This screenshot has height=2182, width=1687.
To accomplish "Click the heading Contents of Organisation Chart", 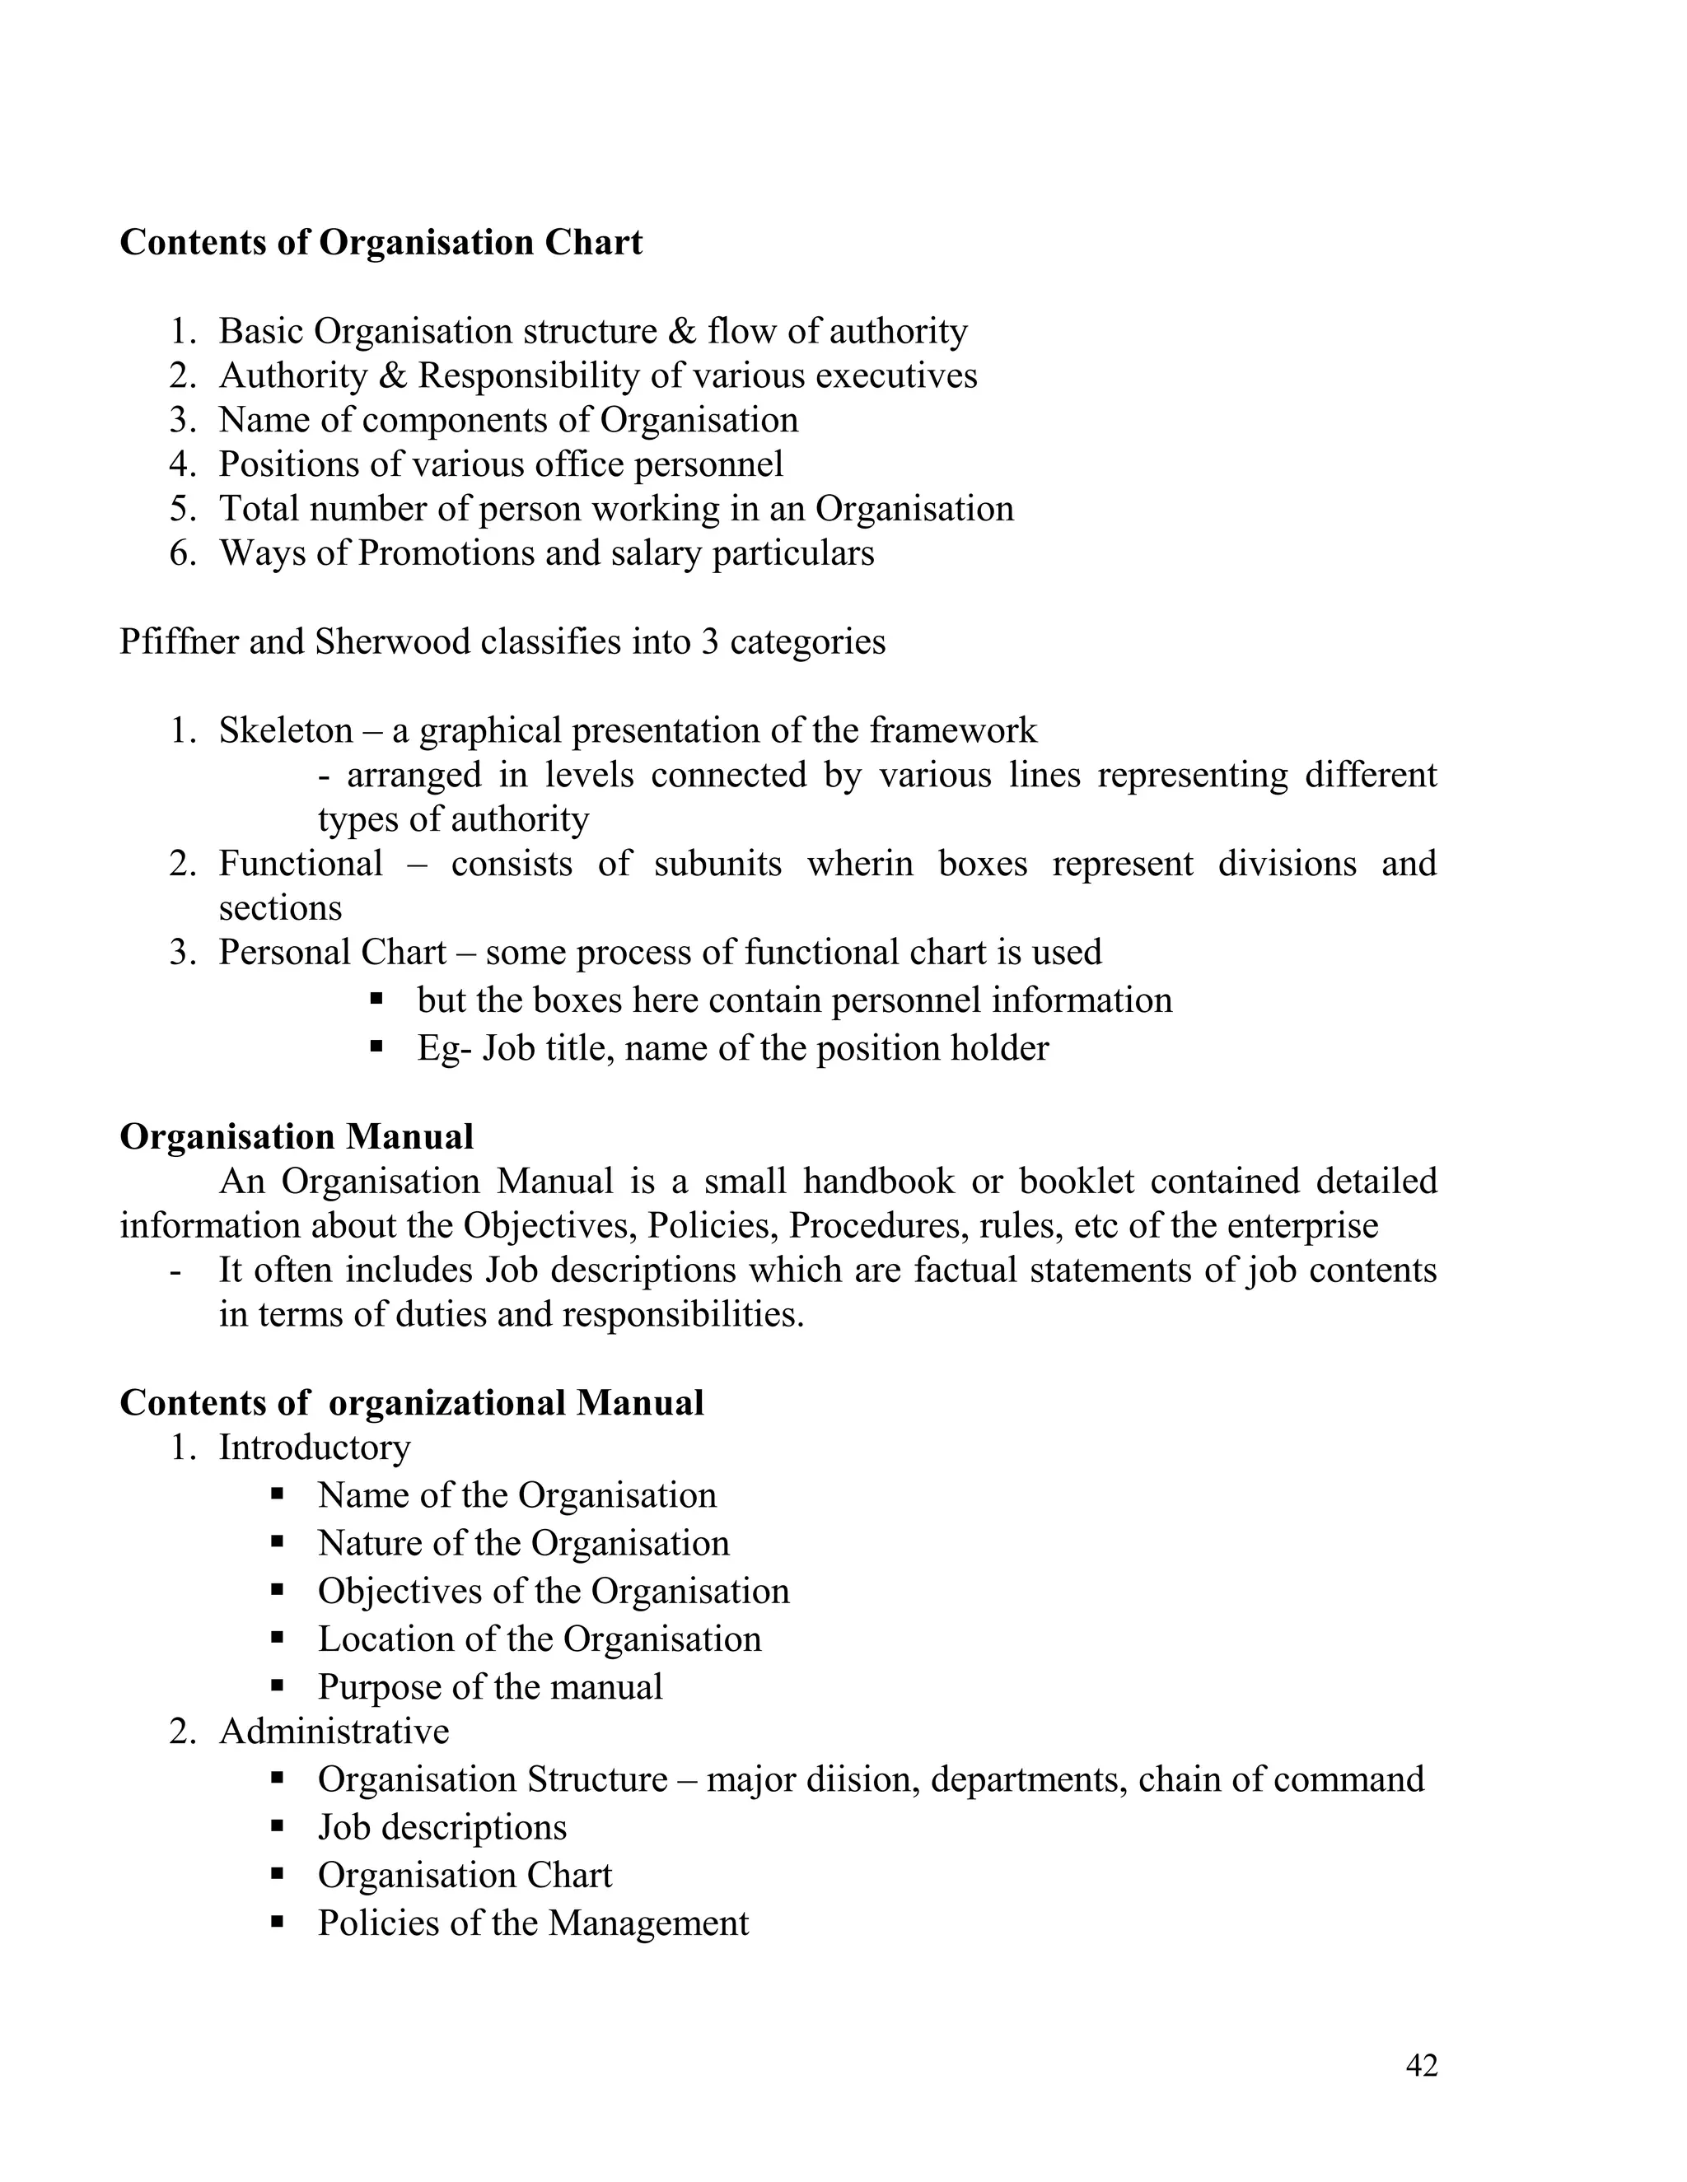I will [381, 243].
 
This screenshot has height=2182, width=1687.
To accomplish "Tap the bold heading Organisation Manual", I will [297, 1137].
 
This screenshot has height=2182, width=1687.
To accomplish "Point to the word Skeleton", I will [286, 730].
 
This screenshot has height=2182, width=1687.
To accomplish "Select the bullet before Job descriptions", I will [278, 1825].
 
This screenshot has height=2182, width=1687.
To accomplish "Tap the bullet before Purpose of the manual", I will [278, 1685].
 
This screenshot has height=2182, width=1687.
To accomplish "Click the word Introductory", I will [315, 1448].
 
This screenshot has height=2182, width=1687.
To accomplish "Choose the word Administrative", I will [334, 1732].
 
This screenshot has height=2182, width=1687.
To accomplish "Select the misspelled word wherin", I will [859, 863].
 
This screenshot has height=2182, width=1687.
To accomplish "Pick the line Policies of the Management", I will [533, 1923].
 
